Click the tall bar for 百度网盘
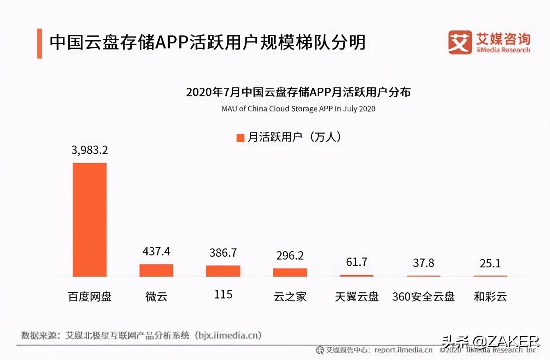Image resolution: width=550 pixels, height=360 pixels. (90, 219)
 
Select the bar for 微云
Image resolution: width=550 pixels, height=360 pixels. (156, 270)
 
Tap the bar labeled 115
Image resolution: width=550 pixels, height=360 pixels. (223, 271)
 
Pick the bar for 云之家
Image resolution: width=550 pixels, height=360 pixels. (290, 272)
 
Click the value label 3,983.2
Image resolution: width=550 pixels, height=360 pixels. (89, 150)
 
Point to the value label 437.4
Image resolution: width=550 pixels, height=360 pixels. (156, 251)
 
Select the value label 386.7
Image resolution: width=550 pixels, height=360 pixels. (223, 253)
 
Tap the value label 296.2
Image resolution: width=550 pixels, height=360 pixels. (290, 255)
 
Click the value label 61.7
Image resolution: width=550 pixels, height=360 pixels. (356, 262)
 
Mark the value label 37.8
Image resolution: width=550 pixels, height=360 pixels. (423, 263)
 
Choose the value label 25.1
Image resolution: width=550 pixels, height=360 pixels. (490, 263)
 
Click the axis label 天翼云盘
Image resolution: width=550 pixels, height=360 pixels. (357, 296)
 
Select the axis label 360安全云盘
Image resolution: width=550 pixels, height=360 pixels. (423, 296)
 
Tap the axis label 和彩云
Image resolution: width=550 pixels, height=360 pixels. (490, 296)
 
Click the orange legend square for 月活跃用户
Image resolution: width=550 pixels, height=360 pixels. (240, 138)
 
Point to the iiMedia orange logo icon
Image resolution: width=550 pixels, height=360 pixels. (459, 42)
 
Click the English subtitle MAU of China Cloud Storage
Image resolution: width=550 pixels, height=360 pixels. (298, 109)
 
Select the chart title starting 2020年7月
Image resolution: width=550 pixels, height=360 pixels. (298, 92)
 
